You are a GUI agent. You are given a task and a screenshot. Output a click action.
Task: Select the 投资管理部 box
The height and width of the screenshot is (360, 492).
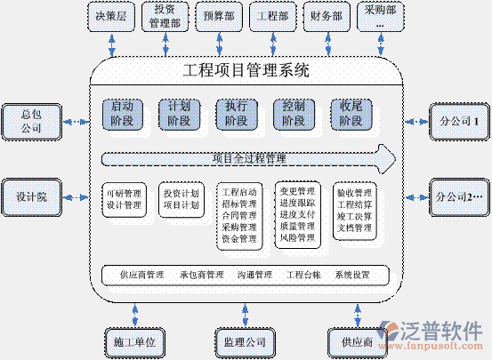coord(165,16)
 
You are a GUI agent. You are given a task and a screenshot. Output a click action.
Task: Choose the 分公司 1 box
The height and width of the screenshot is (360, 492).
coord(459,120)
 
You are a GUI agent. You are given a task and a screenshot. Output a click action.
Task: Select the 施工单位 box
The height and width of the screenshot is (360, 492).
coord(135,340)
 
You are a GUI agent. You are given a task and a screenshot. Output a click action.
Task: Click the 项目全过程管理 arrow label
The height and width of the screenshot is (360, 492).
coord(249,159)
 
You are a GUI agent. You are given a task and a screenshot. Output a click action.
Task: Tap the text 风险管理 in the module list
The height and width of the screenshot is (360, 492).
coord(296,238)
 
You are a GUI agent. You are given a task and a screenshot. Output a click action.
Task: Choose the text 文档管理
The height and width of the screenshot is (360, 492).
coord(353,228)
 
